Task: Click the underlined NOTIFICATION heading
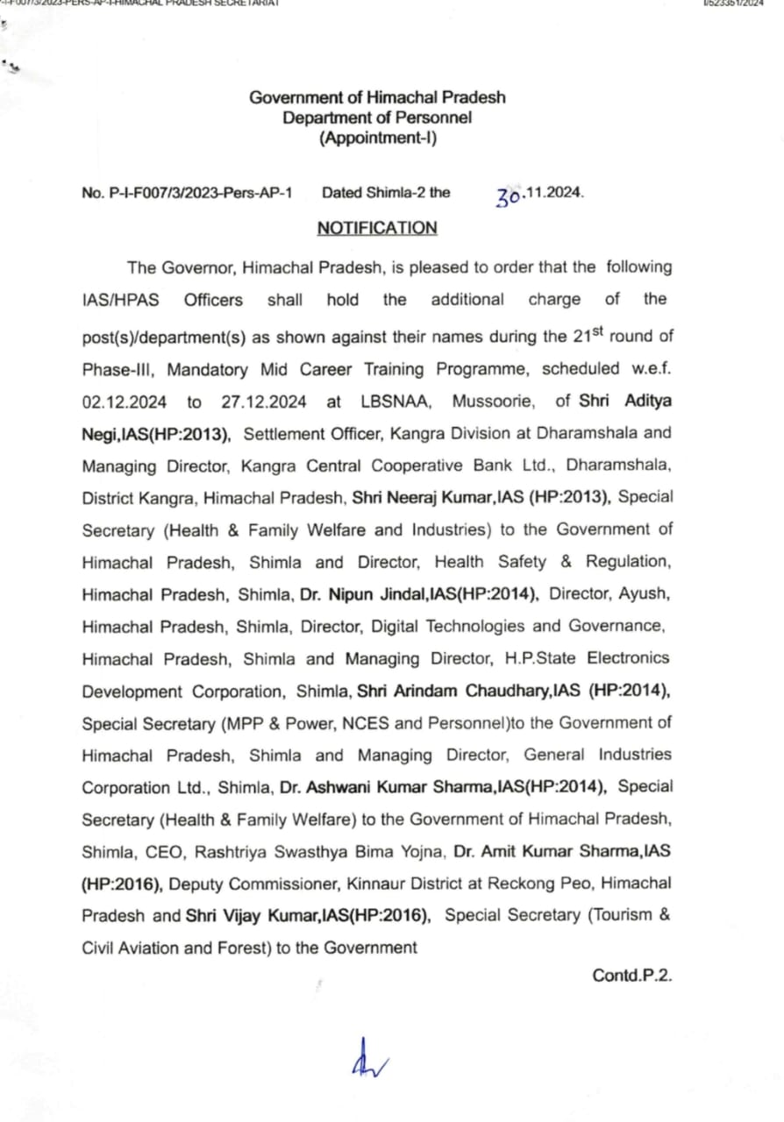[377, 228]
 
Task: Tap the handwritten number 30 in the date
[510, 195]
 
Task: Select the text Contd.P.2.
[631, 975]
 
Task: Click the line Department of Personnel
[377, 117]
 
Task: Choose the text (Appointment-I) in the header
[377, 138]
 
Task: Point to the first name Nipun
[349, 594]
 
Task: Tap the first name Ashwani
[343, 787]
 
